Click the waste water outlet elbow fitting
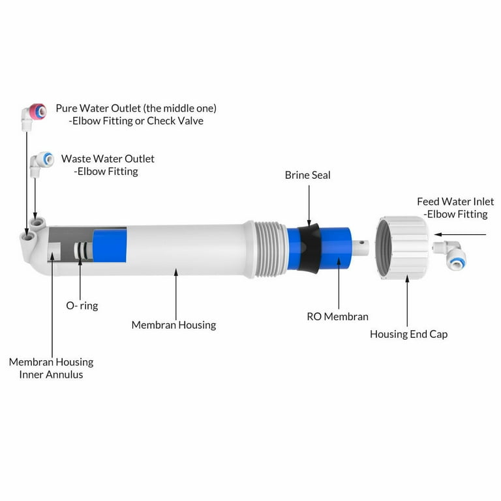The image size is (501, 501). click(41, 160)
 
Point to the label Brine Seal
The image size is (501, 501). click(307, 175)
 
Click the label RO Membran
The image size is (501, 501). click(337, 316)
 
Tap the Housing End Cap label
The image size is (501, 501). click(408, 334)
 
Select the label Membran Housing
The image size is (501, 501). click(174, 324)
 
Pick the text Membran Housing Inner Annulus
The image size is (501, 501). click(51, 368)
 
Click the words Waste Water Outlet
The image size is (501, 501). click(108, 159)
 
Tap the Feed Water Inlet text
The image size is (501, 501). click(455, 202)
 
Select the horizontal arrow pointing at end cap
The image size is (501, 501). click(461, 234)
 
